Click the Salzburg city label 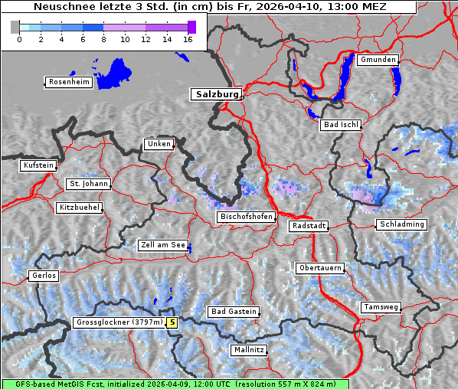click(x=215, y=94)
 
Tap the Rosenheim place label click(x=68, y=82)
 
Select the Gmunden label click(x=378, y=60)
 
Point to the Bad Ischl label click(x=341, y=125)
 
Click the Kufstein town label click(x=38, y=165)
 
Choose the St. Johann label click(x=88, y=184)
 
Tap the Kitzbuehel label click(x=78, y=208)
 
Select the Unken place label click(x=159, y=144)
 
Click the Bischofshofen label click(x=246, y=217)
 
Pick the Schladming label click(x=401, y=224)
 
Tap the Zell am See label click(x=163, y=246)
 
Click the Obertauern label click(x=319, y=268)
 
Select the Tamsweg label click(x=381, y=307)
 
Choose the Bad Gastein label click(x=234, y=312)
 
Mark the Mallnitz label click(x=248, y=350)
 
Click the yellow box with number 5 click(x=172, y=322)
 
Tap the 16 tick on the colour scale click(x=188, y=39)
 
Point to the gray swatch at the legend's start click(x=15, y=27)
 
